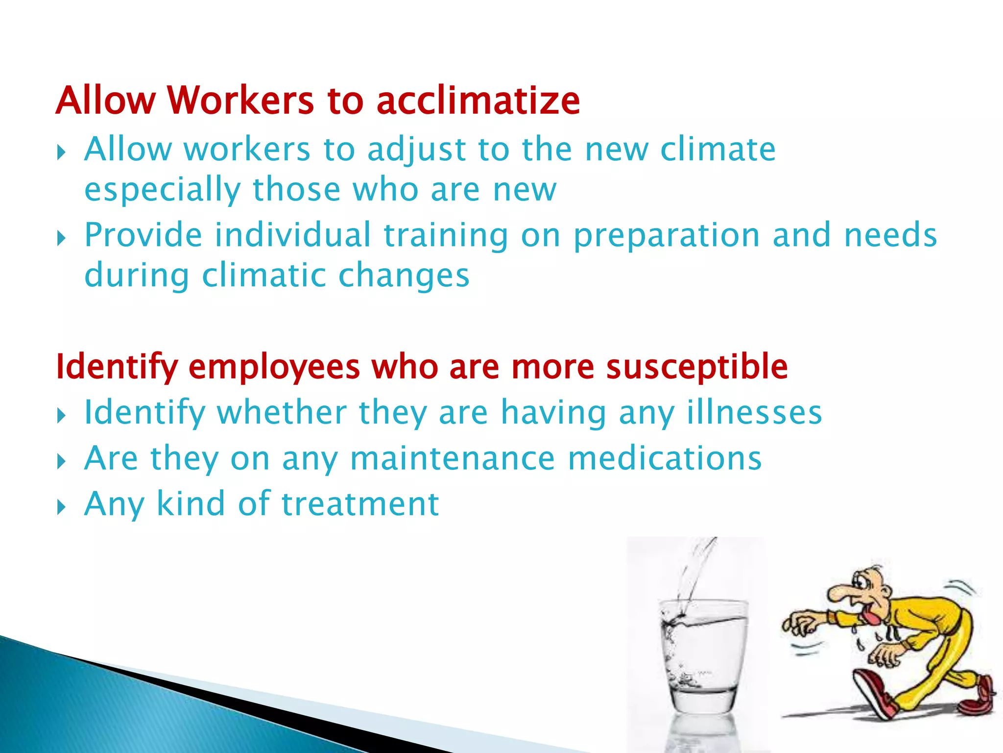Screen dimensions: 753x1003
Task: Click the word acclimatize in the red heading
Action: point(478,101)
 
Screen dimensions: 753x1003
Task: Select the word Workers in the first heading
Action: point(240,101)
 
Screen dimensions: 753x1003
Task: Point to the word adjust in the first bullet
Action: point(416,150)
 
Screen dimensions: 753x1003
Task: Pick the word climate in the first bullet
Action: point(717,150)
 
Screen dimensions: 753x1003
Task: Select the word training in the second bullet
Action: point(446,236)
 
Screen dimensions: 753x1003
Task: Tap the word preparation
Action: point(667,236)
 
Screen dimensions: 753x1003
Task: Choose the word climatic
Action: point(264,276)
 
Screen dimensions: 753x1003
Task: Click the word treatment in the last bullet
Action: point(360,504)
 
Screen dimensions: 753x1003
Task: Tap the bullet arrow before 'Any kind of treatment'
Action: point(61,506)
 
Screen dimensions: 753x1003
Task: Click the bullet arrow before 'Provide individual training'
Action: point(61,239)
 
